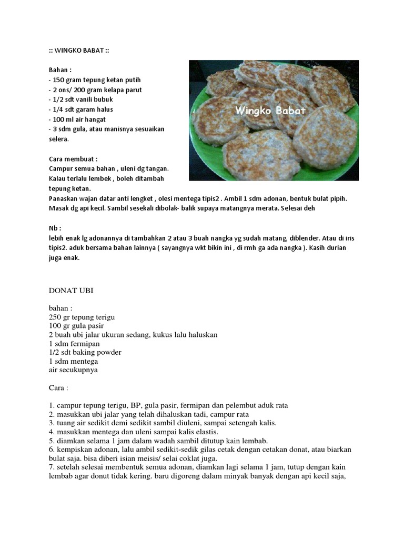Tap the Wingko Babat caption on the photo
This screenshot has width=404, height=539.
click(270, 111)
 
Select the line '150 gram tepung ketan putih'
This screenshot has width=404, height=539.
click(95, 79)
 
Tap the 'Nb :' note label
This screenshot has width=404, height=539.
click(55, 228)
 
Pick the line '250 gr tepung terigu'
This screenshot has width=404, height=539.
click(82, 317)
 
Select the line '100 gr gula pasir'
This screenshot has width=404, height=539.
click(77, 326)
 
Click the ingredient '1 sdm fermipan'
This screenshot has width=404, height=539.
click(75, 344)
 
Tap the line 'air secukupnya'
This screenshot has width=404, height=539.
click(73, 370)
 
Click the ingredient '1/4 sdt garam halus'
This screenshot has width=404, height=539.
click(81, 109)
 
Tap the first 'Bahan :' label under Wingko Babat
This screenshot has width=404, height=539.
click(60, 69)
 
